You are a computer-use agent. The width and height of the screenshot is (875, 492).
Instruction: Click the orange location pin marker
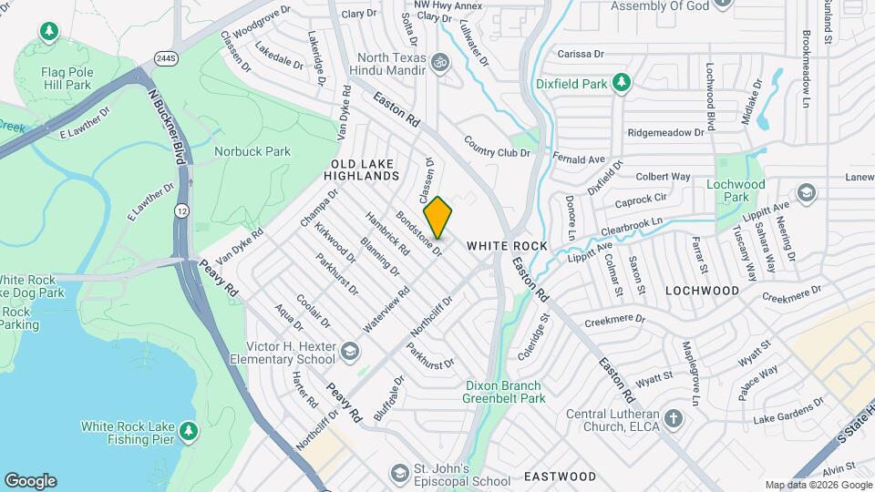click(x=437, y=217)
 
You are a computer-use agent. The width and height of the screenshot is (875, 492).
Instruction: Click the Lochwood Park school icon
click(x=806, y=192)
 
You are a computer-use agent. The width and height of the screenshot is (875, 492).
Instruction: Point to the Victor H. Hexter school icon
click(x=349, y=351)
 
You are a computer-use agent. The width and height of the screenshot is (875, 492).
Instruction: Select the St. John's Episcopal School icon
click(x=398, y=473)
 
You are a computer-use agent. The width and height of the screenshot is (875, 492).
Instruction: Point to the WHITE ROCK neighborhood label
click(x=507, y=246)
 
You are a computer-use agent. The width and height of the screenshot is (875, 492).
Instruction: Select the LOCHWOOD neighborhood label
click(x=702, y=291)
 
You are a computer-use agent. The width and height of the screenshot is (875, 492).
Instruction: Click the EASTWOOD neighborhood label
click(x=560, y=477)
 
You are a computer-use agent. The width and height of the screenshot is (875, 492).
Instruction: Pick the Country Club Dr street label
click(x=497, y=147)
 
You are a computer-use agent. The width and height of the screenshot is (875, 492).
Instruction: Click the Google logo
click(x=30, y=481)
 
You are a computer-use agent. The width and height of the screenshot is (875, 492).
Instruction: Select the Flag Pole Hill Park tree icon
click(x=49, y=33)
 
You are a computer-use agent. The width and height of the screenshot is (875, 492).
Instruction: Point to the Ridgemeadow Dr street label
click(x=666, y=131)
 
